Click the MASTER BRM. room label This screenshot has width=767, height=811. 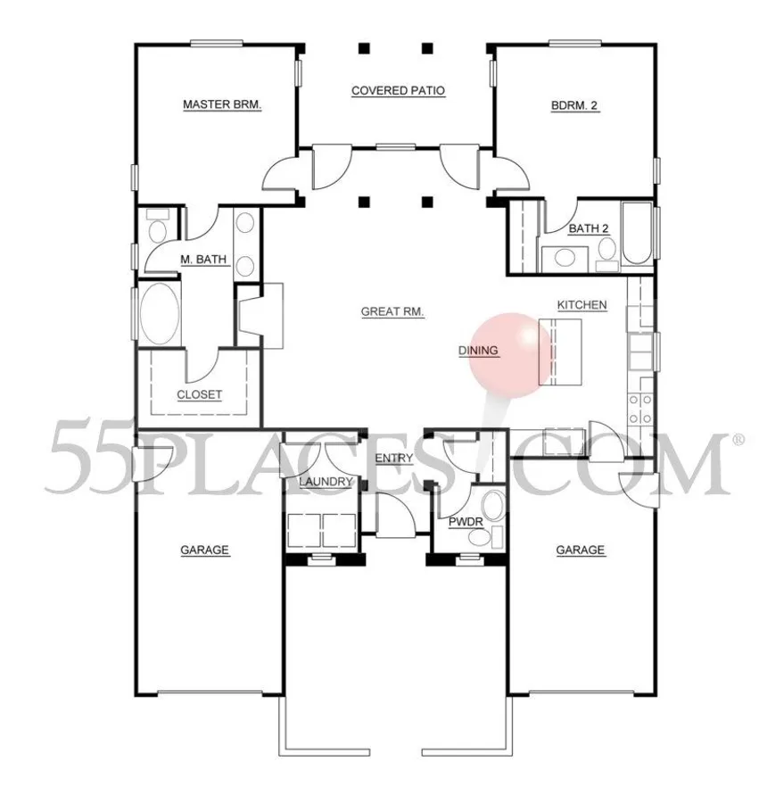(221, 104)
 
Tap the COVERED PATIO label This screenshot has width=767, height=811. (398, 90)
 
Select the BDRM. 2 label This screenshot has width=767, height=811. (574, 104)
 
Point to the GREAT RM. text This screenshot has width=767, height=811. (392, 312)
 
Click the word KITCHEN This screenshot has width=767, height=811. (581, 305)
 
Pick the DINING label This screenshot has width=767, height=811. (478, 351)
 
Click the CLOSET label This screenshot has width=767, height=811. (199, 394)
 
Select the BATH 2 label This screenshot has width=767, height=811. (589, 229)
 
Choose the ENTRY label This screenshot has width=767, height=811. (393, 459)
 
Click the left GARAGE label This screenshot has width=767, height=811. (204, 550)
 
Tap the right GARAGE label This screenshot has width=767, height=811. (581, 550)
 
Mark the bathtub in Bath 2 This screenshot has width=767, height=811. (638, 235)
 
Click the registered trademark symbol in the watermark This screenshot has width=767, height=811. (738, 440)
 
